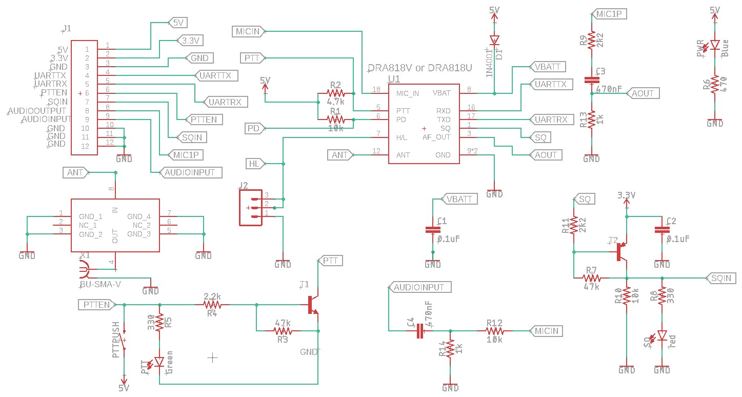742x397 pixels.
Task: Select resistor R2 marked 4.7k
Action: click(336, 93)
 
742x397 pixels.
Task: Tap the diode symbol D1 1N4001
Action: click(494, 40)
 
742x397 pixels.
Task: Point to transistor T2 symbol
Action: click(621, 252)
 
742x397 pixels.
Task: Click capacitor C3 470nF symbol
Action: click(592, 80)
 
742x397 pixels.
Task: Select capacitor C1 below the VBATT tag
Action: click(433, 230)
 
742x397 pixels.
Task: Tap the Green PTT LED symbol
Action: click(159, 362)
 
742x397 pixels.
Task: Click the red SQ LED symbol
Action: click(662, 336)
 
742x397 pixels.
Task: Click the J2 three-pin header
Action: click(251, 208)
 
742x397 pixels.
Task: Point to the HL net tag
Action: click(255, 164)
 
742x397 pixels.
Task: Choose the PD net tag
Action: click(253, 128)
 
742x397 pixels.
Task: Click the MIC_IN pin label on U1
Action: click(407, 93)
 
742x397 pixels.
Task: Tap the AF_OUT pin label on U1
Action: click(436, 137)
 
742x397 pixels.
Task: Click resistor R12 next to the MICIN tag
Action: click(494, 331)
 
